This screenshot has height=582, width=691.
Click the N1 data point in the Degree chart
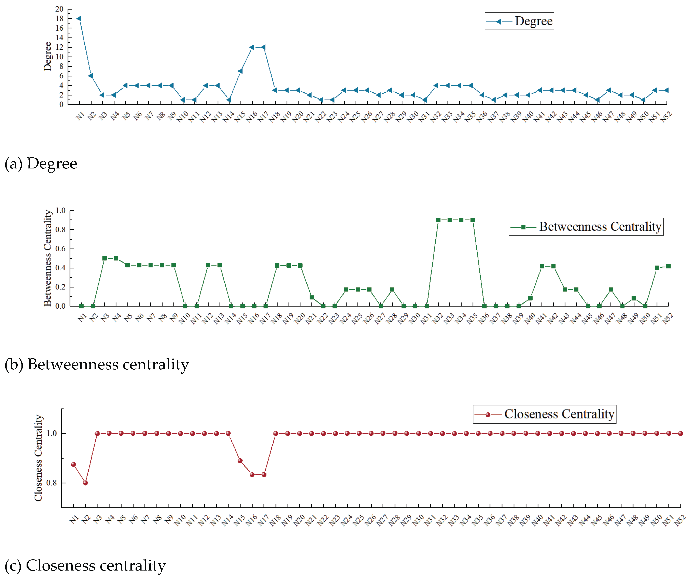(x=79, y=18)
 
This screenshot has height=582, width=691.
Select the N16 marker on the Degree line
(x=252, y=47)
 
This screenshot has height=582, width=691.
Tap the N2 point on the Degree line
(x=91, y=76)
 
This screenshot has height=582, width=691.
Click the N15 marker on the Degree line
(x=240, y=71)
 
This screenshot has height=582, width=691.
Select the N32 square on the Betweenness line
(x=438, y=220)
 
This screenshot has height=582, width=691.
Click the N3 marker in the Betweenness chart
(x=105, y=258)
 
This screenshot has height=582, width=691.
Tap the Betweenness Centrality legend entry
(x=586, y=227)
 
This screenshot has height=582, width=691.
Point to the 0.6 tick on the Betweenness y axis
(x=60, y=249)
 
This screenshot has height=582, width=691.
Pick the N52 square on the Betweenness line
(x=668, y=266)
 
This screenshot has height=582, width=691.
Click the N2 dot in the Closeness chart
(x=85, y=483)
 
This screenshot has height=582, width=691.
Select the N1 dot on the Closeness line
(x=74, y=464)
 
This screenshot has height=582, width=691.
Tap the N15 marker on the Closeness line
(x=240, y=461)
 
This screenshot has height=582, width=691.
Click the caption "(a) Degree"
(x=41, y=164)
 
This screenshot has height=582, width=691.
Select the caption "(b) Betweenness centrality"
(x=97, y=364)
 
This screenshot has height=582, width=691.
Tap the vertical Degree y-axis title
(x=48, y=57)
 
